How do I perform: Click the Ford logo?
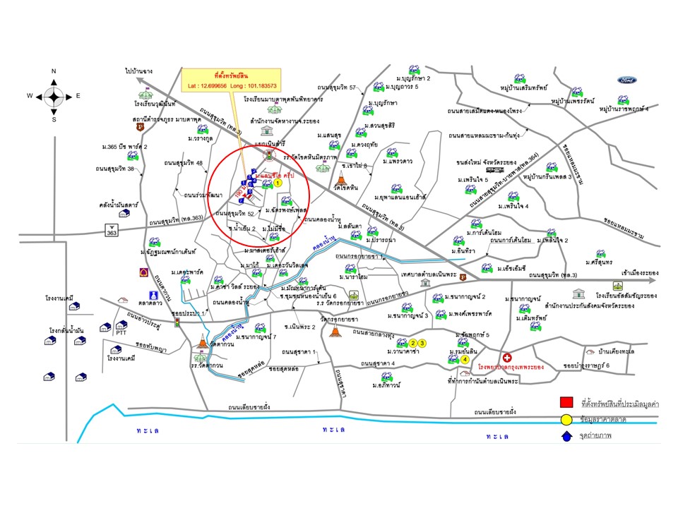click(626, 80)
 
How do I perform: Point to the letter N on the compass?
click(54, 71)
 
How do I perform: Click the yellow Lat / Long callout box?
click(232, 78)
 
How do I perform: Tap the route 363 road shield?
click(112, 231)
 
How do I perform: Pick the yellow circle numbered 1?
click(278, 182)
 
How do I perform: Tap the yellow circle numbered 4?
click(465, 359)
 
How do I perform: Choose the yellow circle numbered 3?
click(422, 343)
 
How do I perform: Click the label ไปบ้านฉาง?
click(140, 71)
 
